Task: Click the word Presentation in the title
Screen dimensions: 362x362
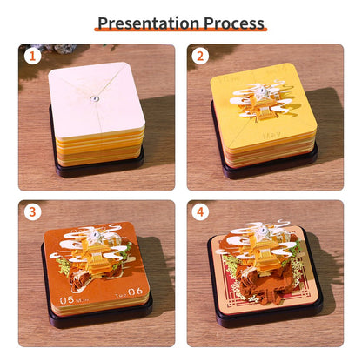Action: click(146, 22)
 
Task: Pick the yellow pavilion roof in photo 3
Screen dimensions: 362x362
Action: click(89, 262)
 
